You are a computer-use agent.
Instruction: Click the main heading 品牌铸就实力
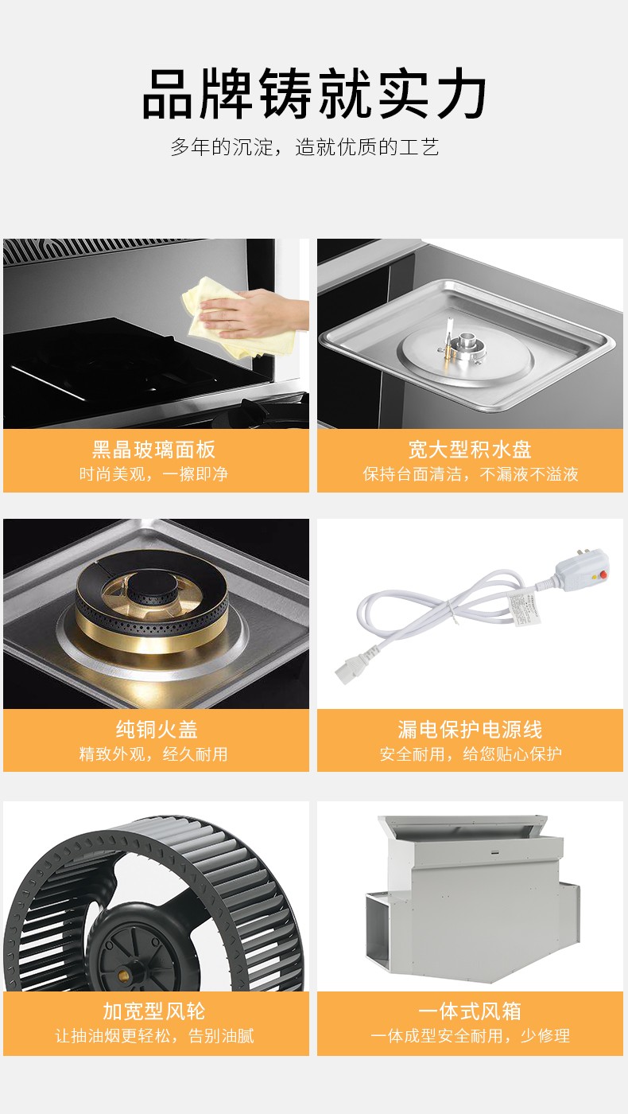click(314, 94)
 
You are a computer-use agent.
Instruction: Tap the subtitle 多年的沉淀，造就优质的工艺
click(304, 147)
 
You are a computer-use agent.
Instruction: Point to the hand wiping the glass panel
click(254, 314)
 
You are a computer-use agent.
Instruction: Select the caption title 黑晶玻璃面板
click(154, 450)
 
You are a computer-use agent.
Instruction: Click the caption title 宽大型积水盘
click(470, 450)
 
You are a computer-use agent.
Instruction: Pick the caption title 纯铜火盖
click(157, 730)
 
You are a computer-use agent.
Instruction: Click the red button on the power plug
click(603, 575)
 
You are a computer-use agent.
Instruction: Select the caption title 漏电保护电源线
click(470, 730)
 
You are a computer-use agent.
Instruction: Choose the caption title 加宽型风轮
click(154, 1011)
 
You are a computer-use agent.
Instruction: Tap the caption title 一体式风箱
click(470, 1011)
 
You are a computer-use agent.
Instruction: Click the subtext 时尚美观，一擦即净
click(153, 474)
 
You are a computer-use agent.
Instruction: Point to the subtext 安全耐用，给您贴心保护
click(471, 754)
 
